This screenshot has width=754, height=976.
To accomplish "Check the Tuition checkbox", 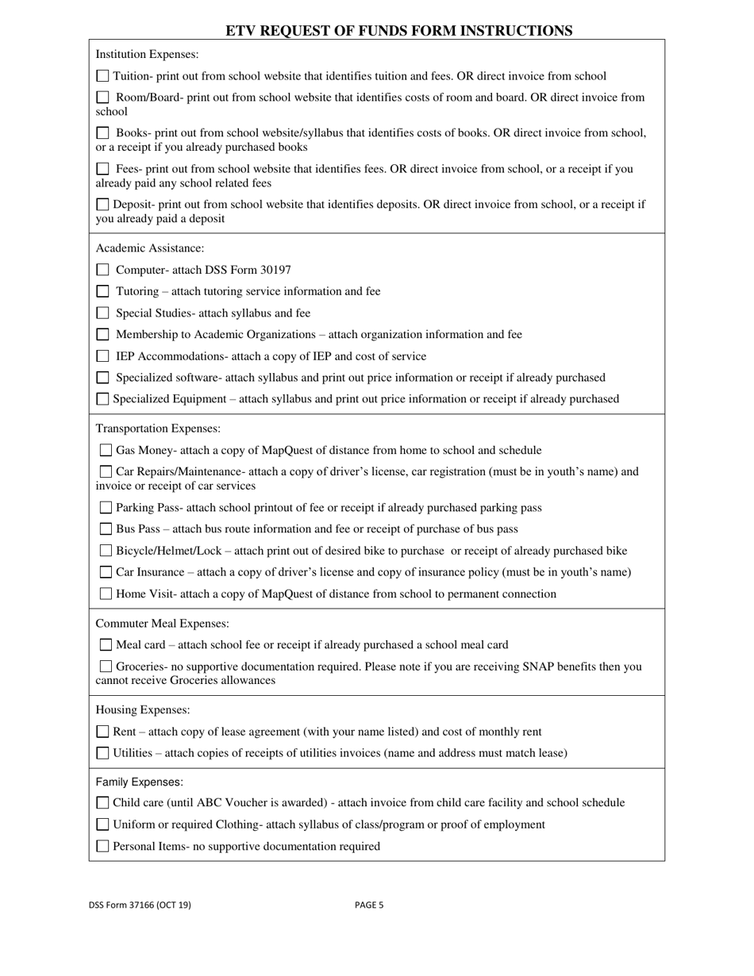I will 102,76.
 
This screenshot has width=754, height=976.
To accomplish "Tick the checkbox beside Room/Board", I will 102,98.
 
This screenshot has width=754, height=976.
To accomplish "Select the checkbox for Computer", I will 102,270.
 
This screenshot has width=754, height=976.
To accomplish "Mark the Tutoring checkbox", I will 102,291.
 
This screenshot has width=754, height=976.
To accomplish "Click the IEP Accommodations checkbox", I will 102,356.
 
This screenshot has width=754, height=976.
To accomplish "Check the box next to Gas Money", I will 106,450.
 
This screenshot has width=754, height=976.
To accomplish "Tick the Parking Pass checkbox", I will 106,507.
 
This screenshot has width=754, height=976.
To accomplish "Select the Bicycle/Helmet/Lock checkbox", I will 106,551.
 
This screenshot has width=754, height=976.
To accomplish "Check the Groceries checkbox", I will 106,667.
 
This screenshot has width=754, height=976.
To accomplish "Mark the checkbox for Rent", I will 102,732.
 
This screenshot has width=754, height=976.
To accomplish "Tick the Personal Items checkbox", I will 102,846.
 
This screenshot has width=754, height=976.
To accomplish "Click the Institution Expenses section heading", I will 147,55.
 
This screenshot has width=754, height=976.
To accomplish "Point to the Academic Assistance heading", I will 149,248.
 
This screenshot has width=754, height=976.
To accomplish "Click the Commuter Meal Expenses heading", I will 162,624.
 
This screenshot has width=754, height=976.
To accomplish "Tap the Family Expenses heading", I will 139,782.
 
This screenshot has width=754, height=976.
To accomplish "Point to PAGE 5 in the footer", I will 369,905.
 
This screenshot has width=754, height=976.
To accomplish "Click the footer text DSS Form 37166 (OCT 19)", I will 140,905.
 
